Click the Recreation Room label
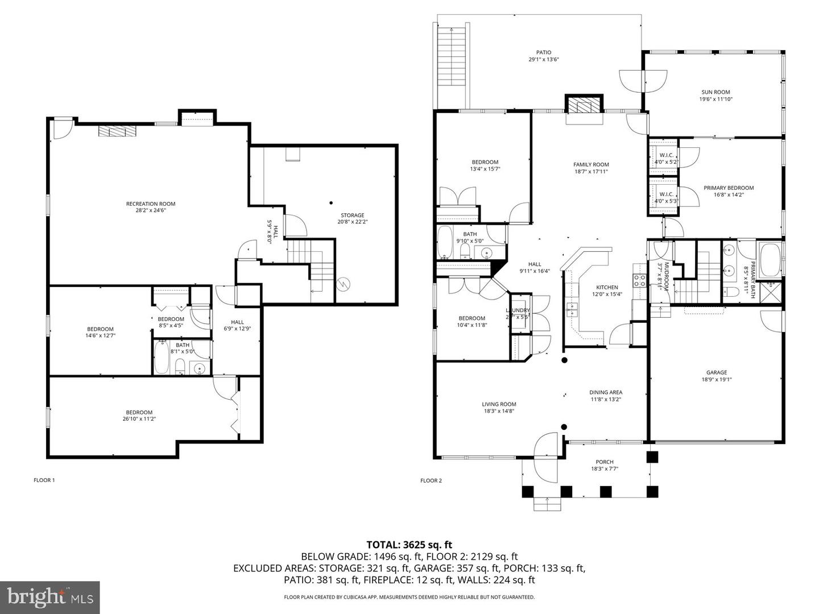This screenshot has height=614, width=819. point(150,204)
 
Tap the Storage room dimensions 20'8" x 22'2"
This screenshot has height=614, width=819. point(352,222)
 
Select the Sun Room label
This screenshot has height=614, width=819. point(715,92)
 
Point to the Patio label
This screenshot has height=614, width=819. point(543,52)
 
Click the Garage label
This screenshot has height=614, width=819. point(717,373)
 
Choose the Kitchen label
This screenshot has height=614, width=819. point(606,287)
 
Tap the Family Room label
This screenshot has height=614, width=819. point(591,165)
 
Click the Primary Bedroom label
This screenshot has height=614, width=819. point(728,188)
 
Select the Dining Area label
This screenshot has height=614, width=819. point(605,392)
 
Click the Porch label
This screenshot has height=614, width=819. point(604,462)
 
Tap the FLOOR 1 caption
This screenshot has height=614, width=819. point(44,480)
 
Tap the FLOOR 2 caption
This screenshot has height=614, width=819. point(431,481)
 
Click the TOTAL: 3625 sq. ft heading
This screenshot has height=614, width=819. point(409,545)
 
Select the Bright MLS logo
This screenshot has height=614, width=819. point(50,597)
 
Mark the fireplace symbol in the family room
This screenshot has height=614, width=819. point(584,106)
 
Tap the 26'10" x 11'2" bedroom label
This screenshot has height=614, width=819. point(139,416)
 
